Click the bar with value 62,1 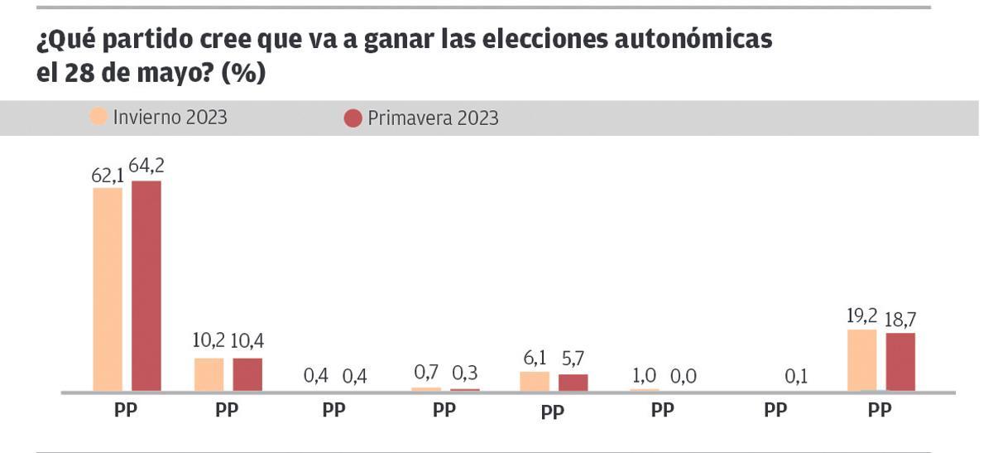tap(108, 289)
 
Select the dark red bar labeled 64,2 tap(146, 286)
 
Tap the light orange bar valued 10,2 tap(209, 374)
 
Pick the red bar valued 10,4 tap(247, 374)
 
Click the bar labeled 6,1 tap(535, 382)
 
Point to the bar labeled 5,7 tap(573, 383)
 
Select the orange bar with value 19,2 tap(862, 360)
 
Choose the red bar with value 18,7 tap(900, 362)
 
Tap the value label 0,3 tap(465, 374)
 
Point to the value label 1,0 tap(645, 375)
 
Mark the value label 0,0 tap(684, 375)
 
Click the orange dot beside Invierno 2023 tap(99, 118)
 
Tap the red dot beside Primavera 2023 tap(353, 118)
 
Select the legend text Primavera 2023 tap(433, 118)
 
